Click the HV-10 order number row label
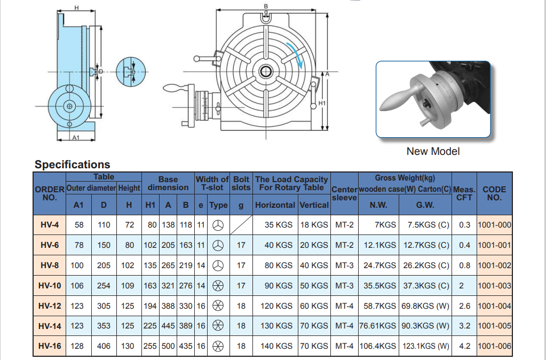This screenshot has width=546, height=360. pyautogui.click(x=50, y=286)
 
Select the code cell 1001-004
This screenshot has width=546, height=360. pyautogui.click(x=494, y=306)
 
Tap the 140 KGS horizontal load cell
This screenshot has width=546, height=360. pyautogui.click(x=276, y=346)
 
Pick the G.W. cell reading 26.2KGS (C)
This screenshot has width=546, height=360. pyautogui.click(x=429, y=265)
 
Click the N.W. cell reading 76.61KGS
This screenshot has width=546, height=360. pyautogui.click(x=378, y=326)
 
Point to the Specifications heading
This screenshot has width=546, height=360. pyautogui.click(x=73, y=165)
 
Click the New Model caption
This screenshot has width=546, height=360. pyautogui.click(x=433, y=151)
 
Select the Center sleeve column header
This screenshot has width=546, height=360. pyautogui.click(x=344, y=193)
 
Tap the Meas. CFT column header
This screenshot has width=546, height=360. pyautogui.click(x=464, y=193)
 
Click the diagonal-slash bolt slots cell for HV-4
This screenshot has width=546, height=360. pyautogui.click(x=241, y=225)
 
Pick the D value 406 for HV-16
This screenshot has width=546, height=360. pyautogui.click(x=104, y=346)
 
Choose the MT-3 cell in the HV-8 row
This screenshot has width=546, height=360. pyautogui.click(x=344, y=265)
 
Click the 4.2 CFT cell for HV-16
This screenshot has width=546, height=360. pyautogui.click(x=464, y=346)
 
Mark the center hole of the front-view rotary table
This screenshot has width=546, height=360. pyautogui.click(x=265, y=71)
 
